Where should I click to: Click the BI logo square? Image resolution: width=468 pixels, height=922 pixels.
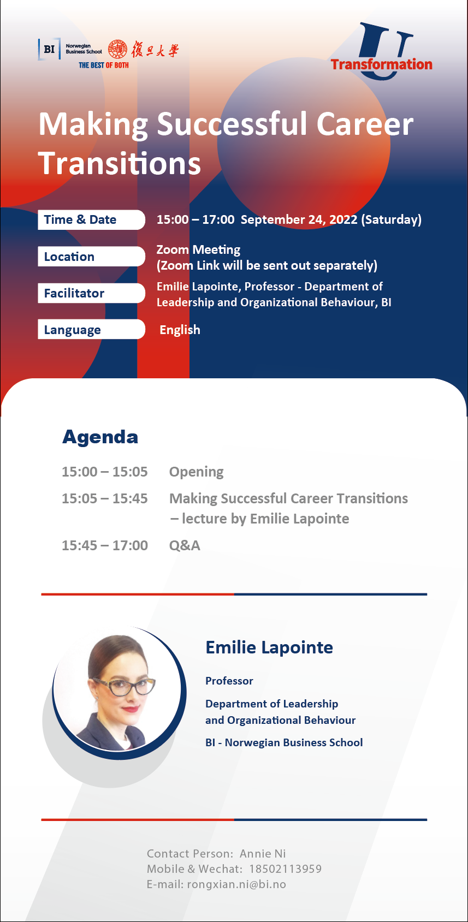[x=49, y=49]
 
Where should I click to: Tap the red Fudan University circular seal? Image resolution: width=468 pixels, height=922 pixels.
[x=118, y=49]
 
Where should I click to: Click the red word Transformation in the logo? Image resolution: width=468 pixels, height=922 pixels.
[x=382, y=64]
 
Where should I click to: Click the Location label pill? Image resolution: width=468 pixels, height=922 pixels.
[x=91, y=257]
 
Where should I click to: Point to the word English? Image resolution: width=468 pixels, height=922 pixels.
[x=180, y=330]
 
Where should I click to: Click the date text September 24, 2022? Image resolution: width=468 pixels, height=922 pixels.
[x=299, y=219]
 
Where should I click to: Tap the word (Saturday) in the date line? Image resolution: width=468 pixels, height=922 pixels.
[x=392, y=219]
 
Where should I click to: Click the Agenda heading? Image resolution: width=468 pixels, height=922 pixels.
[x=100, y=437]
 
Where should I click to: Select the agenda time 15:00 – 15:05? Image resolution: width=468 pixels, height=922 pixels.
[x=104, y=472]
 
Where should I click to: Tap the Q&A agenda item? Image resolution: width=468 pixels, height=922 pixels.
[x=185, y=545]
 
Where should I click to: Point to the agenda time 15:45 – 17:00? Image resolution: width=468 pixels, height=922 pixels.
[x=104, y=545]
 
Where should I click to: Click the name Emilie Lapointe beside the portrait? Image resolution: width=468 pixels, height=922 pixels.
[x=269, y=648]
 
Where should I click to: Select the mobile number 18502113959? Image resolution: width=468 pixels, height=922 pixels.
[x=286, y=869]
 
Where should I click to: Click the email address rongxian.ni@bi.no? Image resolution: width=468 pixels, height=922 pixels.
[x=236, y=884]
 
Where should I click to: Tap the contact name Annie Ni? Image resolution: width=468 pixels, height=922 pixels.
[x=263, y=854]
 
